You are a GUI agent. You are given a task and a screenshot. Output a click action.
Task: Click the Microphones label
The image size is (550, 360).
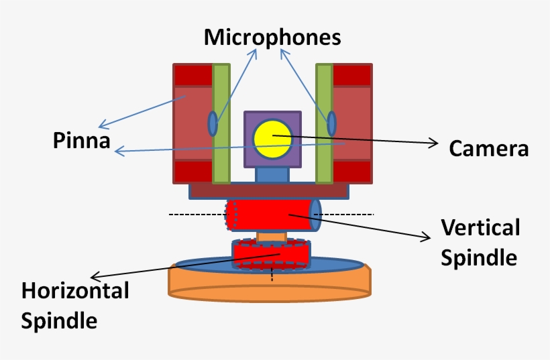[x=272, y=37]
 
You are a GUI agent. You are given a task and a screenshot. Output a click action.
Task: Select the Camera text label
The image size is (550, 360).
[x=488, y=148]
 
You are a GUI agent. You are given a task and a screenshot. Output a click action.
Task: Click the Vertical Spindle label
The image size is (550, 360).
[x=480, y=242]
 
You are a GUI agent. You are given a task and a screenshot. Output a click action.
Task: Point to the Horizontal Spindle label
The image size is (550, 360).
[x=74, y=305]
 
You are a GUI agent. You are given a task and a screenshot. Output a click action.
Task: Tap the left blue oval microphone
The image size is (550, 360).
[x=213, y=123]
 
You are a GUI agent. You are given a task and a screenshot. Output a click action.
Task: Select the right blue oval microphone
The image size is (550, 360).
[x=331, y=123]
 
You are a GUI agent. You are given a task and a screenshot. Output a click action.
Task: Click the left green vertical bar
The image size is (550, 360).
[x=221, y=123]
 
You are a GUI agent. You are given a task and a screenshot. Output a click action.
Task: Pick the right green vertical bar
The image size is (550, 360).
[x=324, y=123]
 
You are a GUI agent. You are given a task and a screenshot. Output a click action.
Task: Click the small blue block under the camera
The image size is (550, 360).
[x=272, y=174]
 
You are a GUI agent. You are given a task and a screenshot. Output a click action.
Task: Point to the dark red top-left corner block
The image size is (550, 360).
[x=192, y=75]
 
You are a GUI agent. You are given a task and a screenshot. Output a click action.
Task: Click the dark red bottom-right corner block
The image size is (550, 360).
[x=352, y=172]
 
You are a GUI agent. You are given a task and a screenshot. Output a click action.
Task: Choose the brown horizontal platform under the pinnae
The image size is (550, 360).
[x=269, y=190]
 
